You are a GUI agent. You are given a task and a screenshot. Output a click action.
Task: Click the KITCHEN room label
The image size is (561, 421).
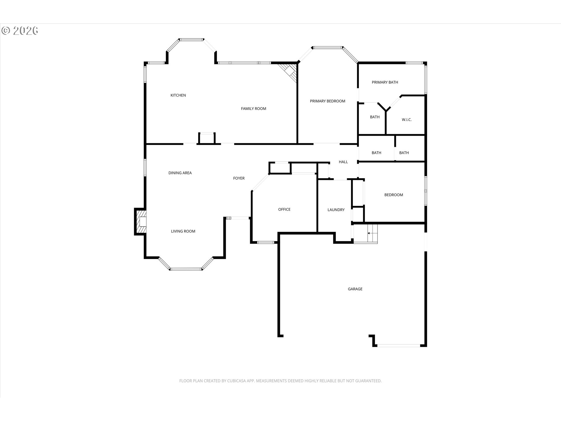tap(178, 95)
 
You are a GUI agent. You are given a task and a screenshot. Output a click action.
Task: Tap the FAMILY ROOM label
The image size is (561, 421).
tap(254, 109)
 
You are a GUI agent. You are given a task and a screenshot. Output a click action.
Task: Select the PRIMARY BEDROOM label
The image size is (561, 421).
tap(328, 101)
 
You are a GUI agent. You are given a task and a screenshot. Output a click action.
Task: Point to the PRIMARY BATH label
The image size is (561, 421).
tap(385, 82)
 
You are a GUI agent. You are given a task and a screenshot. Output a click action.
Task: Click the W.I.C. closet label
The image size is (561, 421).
tap(407, 120)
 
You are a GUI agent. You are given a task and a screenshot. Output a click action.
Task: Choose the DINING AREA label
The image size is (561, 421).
tap(180, 173)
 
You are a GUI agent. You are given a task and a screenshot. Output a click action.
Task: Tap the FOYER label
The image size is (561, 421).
tap(239, 178)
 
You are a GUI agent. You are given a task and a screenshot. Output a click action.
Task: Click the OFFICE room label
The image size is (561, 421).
tap(284, 210)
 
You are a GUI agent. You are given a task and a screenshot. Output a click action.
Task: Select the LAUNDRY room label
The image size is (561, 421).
tap(336, 210)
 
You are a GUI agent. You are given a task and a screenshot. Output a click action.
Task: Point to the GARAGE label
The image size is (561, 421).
tap(355, 289)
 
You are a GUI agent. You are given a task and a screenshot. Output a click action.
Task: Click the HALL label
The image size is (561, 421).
tap(343, 162)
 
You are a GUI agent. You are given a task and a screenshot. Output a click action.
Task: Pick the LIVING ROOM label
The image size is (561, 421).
tap(183, 232)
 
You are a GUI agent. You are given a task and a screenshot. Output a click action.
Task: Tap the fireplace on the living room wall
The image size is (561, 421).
tap(141, 222)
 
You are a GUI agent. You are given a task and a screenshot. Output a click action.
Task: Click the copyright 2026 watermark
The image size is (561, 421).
tap(20, 31)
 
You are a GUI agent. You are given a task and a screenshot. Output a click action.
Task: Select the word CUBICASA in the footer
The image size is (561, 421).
tap(237, 381)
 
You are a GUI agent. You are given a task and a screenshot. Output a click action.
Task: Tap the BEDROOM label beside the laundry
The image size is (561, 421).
tap(394, 195)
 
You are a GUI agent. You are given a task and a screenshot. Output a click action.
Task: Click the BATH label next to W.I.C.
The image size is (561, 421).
tap(375, 117)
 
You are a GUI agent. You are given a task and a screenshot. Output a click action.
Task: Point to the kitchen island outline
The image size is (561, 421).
tap(207, 138)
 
